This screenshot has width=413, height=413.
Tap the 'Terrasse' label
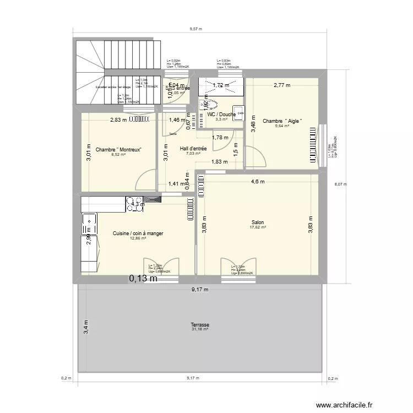pyautogui.click(x=199, y=325)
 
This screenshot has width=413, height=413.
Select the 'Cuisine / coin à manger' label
pyautogui.click(x=138, y=233)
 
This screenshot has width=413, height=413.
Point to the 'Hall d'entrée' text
pyautogui.click(x=193, y=149)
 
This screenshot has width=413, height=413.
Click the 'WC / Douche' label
pyautogui.click(x=222, y=115)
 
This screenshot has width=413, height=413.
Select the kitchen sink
pyautogui.click(x=88, y=225)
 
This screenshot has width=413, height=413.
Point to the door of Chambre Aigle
pyautogui.click(x=254, y=157)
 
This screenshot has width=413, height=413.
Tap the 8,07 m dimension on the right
pyautogui.click(x=341, y=184)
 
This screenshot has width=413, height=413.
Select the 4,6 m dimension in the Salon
pyautogui.click(x=258, y=181)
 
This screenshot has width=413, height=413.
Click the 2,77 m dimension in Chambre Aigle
pyautogui.click(x=281, y=85)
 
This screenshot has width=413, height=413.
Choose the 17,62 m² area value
pyautogui.click(x=258, y=227)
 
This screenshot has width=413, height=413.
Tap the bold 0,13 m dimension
pyautogui.click(x=143, y=279)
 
